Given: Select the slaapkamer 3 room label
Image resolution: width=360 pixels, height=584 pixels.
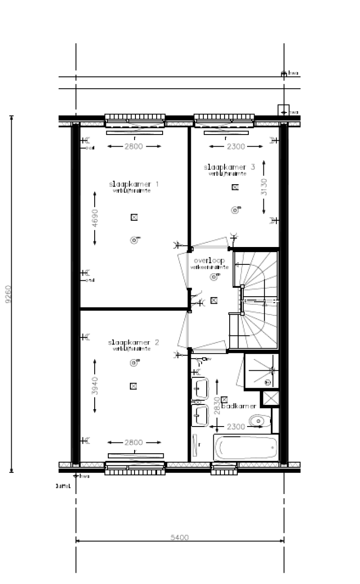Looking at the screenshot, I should point(229,167).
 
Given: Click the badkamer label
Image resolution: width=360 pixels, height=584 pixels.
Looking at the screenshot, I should point(239,406).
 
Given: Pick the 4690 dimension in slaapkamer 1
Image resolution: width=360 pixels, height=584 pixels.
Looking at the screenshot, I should point(95,218).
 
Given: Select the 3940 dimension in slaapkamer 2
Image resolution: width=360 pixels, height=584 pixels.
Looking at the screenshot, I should point(95,385).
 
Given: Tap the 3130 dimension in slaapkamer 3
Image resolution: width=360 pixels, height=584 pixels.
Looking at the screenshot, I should point(264,187).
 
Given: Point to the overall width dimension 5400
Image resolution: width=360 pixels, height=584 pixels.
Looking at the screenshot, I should point(180,538).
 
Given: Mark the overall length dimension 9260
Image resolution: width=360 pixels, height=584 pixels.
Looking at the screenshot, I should point(7,294).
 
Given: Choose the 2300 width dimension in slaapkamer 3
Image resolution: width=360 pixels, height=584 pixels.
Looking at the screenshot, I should point(235,147).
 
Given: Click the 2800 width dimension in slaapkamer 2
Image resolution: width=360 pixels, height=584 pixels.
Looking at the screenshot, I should point(134,442).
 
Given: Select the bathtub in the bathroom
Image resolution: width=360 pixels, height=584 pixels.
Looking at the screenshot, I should point(246,448).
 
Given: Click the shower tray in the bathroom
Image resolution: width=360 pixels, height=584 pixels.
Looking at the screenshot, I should point(262,371).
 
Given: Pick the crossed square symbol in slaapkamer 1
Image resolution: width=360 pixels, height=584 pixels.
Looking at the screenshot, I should point(134,217).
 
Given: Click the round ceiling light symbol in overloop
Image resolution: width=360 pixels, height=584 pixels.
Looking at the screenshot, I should point(214,277).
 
